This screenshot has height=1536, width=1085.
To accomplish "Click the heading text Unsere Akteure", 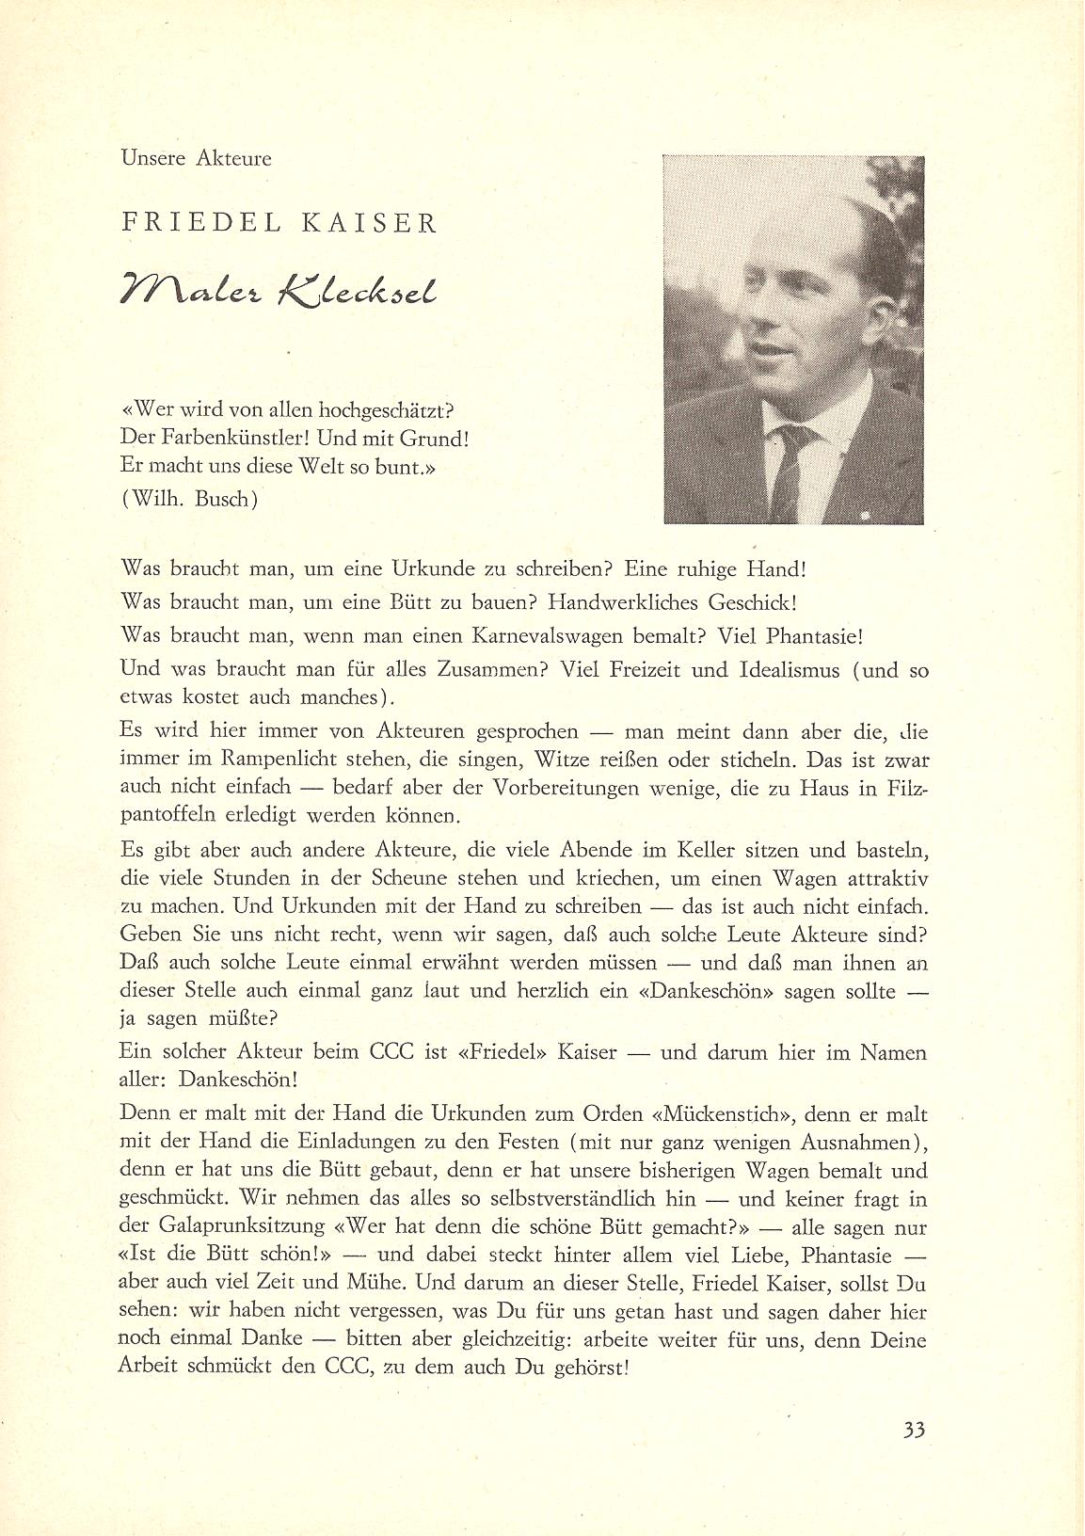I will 197,158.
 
